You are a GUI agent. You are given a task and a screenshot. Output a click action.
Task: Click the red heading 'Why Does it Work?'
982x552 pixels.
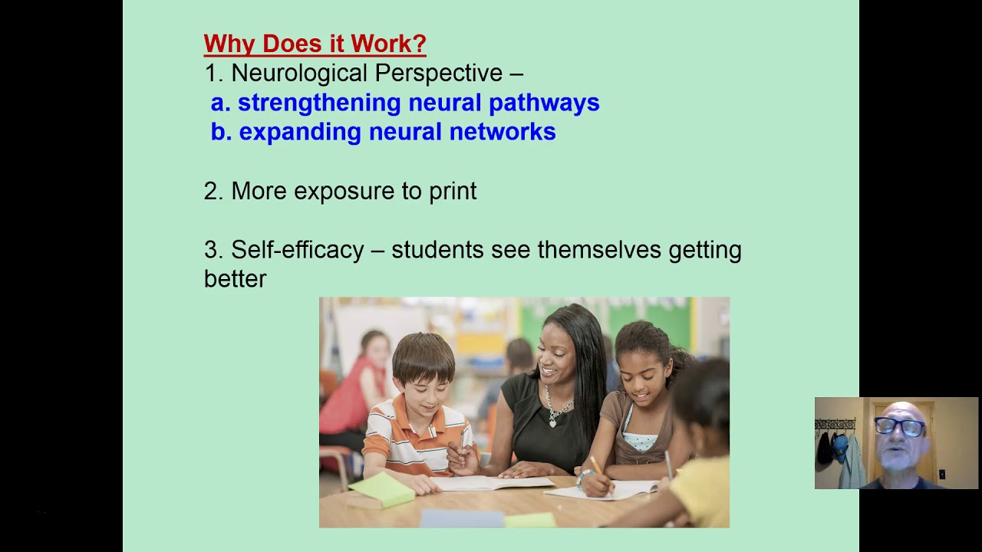[x=315, y=44]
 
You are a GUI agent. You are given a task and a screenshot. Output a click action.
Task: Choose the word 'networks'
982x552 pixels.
[x=502, y=132]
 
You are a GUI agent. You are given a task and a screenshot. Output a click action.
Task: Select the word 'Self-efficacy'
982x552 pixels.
[x=298, y=250]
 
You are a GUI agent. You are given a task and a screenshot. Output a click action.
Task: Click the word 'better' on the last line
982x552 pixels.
[x=235, y=278]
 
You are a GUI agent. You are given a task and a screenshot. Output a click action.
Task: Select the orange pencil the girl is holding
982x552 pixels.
[x=596, y=466]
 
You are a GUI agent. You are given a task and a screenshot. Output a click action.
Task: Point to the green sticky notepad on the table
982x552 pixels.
[x=382, y=489]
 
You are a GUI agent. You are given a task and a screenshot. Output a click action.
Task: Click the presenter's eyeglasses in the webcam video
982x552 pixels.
[x=899, y=427]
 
